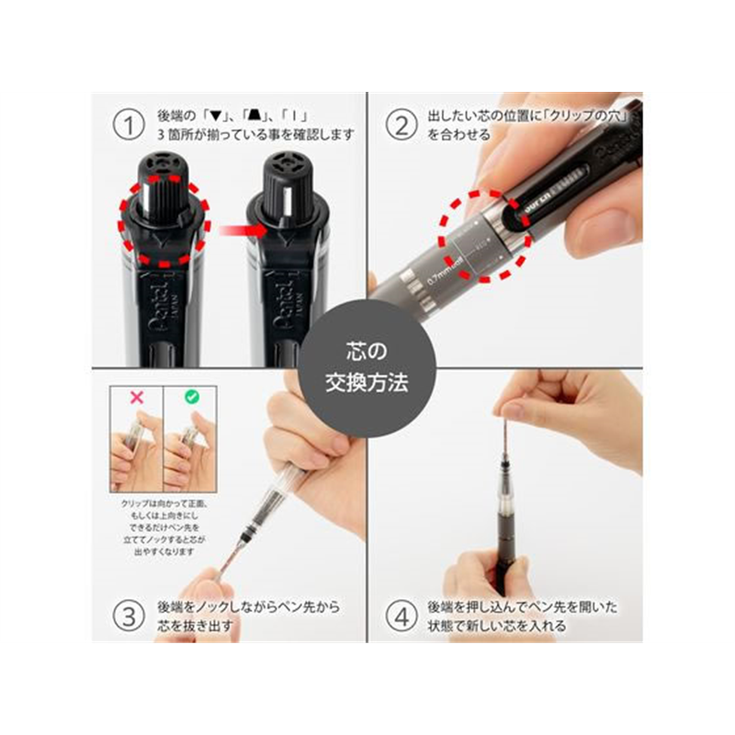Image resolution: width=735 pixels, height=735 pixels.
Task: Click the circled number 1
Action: pos(129,123)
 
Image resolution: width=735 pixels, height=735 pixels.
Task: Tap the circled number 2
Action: pos(401,123)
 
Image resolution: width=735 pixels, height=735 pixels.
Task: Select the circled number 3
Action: pos(129,615)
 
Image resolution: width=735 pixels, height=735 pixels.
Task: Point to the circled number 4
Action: pos(401,615)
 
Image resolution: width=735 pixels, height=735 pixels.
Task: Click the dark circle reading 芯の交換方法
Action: pos(367,367)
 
